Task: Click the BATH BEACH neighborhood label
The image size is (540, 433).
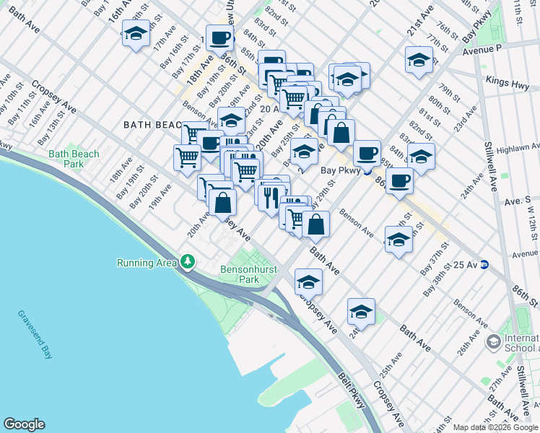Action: point(152,124)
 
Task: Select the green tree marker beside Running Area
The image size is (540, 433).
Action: point(188,261)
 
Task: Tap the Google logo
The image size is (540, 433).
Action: point(24,424)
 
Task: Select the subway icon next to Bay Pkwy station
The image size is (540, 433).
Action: point(367,171)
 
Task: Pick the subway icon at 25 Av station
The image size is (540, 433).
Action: point(487,265)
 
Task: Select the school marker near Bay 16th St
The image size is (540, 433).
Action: point(136,33)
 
